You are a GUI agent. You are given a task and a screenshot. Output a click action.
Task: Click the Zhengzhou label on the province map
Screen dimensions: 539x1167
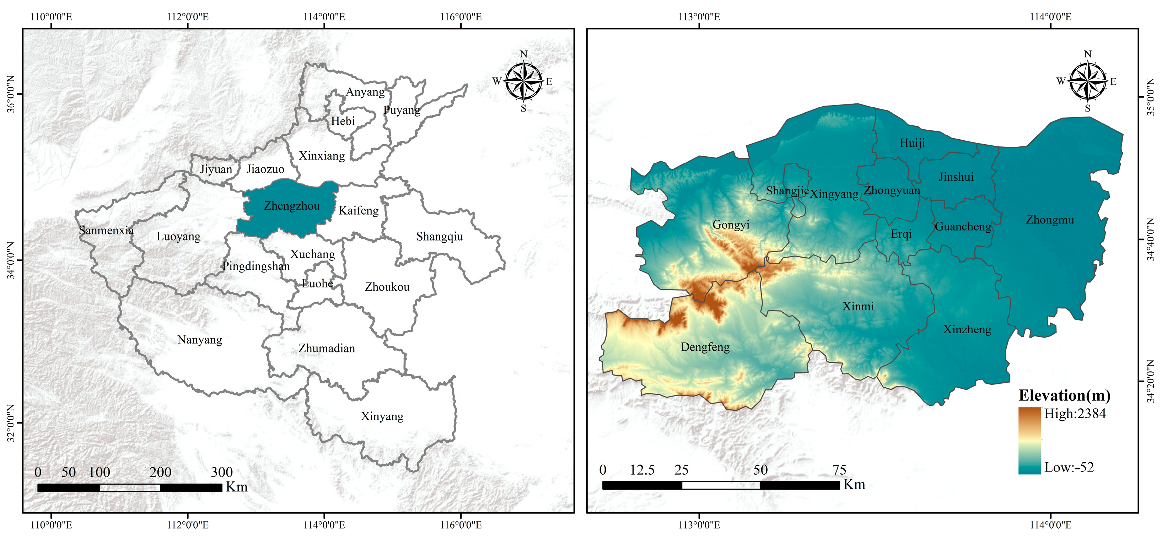[x=292, y=206]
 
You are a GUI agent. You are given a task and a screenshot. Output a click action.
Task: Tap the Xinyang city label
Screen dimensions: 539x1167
[x=382, y=416]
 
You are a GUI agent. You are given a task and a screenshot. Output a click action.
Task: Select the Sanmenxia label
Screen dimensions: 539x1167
[x=106, y=230]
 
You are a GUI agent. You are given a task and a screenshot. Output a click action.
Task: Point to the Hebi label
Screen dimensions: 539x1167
[x=343, y=121]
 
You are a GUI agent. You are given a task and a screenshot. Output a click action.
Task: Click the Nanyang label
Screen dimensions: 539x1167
[x=200, y=340]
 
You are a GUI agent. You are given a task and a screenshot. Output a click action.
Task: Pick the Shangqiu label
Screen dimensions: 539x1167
[x=440, y=236]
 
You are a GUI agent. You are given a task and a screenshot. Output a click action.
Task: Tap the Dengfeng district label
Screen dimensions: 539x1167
[x=705, y=347]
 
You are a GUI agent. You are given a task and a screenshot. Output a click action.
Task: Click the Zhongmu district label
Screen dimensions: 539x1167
[x=1050, y=220]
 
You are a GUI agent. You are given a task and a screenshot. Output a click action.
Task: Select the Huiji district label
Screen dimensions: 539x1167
[x=912, y=143]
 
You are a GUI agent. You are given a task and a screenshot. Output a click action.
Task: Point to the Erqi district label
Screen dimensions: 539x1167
[x=900, y=234]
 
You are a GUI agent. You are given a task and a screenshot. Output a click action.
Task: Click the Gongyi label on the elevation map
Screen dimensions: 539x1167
[x=731, y=224]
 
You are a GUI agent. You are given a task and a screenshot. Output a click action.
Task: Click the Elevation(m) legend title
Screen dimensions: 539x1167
[x=1064, y=395]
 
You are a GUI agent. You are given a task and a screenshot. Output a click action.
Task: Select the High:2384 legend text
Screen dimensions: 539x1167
[x=1075, y=414]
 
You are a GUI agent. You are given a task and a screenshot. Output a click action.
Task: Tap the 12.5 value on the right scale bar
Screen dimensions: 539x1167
[x=642, y=470]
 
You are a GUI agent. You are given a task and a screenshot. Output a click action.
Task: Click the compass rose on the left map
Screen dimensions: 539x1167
[x=523, y=81]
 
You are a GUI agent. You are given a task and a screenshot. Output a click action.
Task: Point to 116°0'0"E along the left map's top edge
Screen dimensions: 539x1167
[x=461, y=17]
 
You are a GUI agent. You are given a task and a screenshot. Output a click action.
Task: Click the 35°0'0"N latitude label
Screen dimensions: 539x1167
[x=1150, y=97]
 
